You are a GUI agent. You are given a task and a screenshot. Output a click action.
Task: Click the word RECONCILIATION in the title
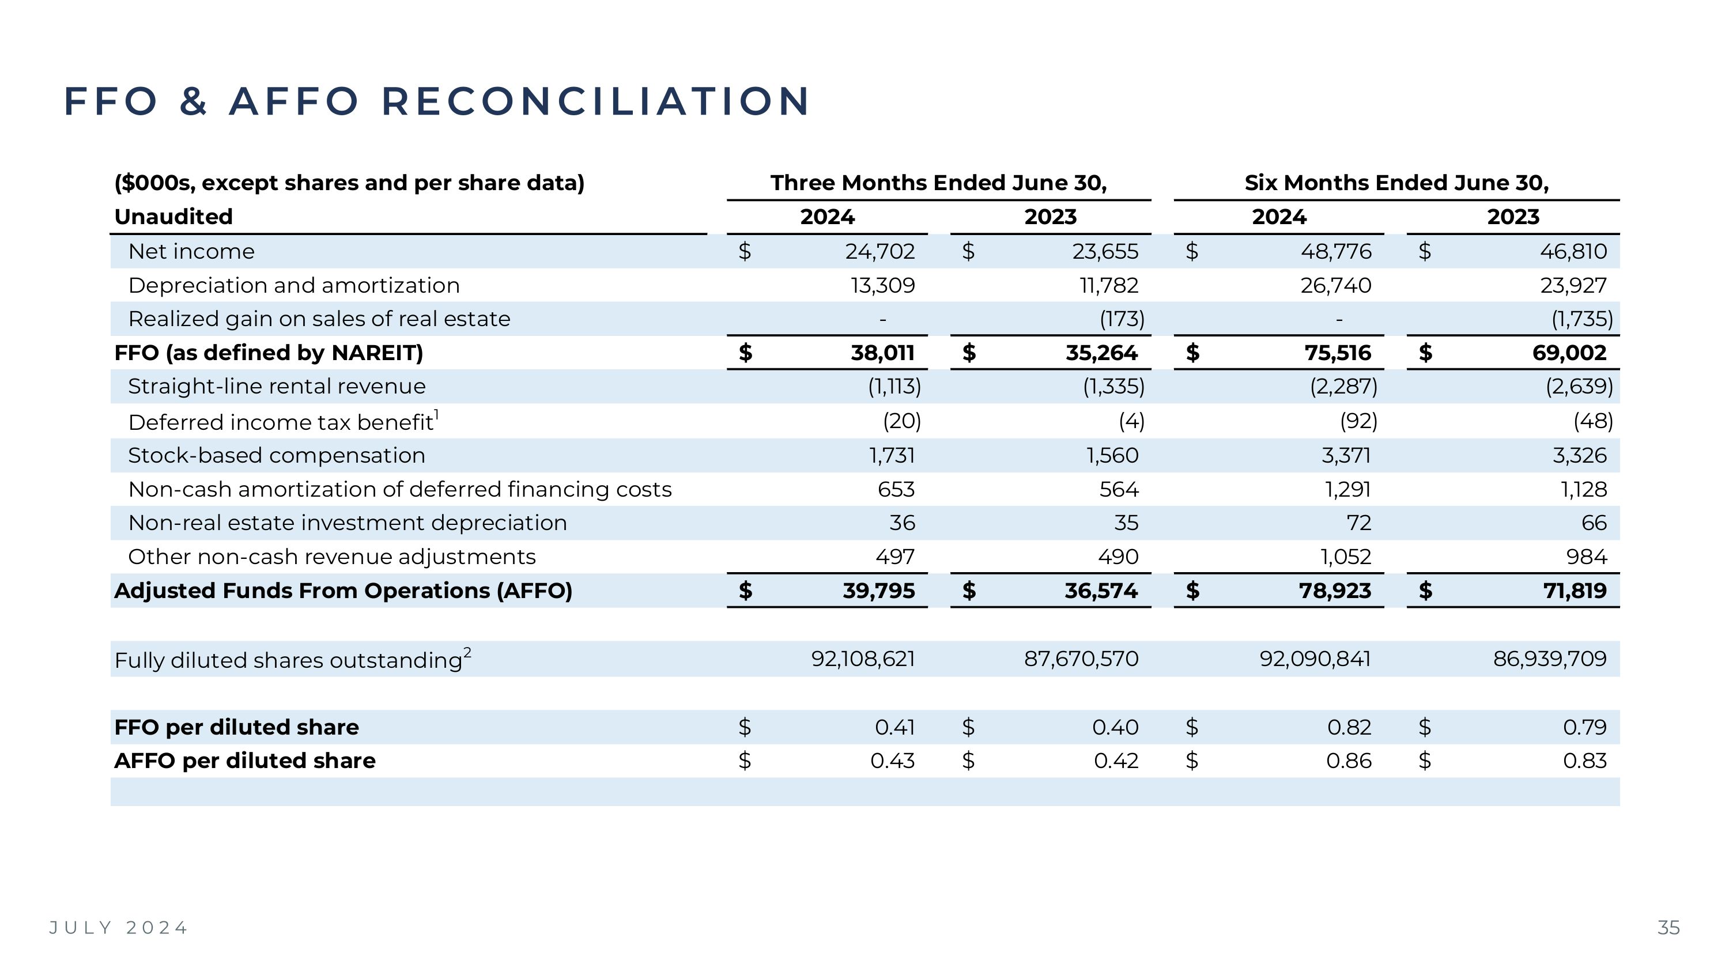tap(595, 101)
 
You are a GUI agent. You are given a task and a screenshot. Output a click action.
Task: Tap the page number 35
tap(1668, 928)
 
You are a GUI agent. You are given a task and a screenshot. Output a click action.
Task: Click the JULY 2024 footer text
tap(119, 928)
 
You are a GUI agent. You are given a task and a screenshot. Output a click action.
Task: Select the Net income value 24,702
tap(879, 252)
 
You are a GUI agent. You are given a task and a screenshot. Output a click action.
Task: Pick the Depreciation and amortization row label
tap(294, 286)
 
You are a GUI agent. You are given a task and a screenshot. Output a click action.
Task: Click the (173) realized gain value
tap(1122, 319)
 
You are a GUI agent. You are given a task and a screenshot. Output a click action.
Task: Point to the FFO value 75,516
tap(1338, 353)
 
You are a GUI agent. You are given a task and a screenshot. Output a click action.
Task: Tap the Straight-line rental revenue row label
tap(277, 387)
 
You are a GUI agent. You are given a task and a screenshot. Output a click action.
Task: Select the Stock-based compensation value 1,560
tap(1112, 456)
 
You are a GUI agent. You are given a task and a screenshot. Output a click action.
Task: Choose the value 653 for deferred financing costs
tap(896, 490)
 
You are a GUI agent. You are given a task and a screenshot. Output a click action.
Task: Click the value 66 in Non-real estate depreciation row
tap(1594, 523)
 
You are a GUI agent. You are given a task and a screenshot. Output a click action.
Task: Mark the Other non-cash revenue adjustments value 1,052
tap(1346, 557)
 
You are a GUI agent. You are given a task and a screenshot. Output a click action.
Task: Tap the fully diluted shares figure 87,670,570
tap(1081, 659)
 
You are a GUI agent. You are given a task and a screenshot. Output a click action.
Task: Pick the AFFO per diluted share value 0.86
tap(1349, 761)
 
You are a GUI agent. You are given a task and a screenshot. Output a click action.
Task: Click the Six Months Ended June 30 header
tap(1396, 183)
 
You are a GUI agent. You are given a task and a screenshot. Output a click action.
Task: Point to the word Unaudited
tap(173, 217)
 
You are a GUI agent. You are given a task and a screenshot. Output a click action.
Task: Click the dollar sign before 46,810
tap(1424, 252)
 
